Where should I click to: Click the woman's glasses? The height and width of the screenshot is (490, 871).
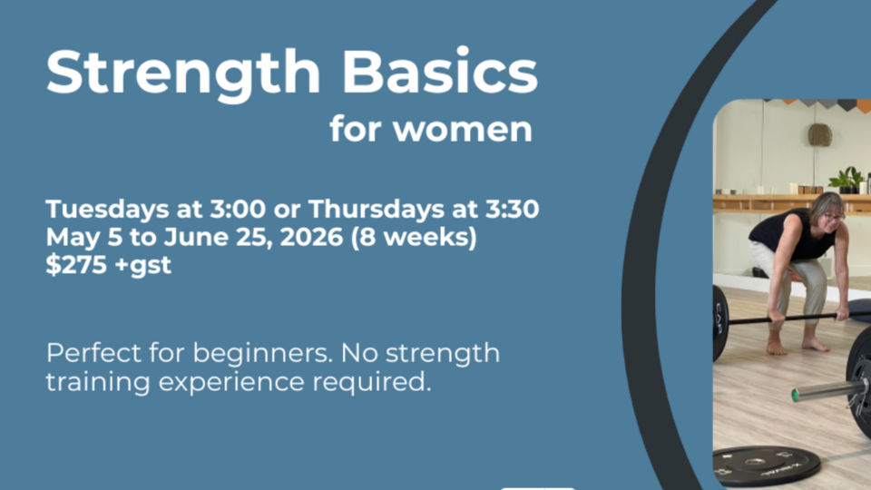pyautogui.click(x=832, y=216)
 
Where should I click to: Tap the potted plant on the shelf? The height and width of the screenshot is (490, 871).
pyautogui.click(x=847, y=179)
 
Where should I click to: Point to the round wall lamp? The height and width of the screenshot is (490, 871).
pyautogui.click(x=820, y=135)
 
